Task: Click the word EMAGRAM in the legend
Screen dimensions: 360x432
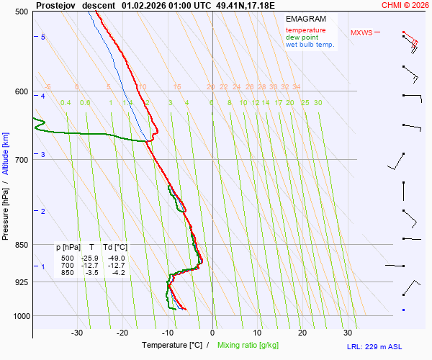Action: pos(305,18)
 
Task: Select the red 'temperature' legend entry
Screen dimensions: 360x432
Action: pos(305,30)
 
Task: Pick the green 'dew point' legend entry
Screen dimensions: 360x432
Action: pos(302,37)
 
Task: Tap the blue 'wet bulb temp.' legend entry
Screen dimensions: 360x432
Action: pos(310,45)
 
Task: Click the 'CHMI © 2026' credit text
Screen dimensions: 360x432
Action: pos(405,5)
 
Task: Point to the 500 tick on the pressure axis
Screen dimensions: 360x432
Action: pos(21,12)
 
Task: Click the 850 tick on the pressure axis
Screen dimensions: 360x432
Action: pos(21,245)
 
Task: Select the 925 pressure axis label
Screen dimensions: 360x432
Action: pos(21,282)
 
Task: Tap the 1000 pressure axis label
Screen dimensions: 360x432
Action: pos(19,316)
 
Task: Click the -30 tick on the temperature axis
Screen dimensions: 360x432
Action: pos(77,333)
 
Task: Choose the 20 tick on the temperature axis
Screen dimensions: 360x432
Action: pos(302,333)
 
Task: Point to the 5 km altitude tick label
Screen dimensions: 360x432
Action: pos(43,37)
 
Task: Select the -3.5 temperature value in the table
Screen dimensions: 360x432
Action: pos(91,272)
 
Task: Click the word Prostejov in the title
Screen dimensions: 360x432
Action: pos(56,5)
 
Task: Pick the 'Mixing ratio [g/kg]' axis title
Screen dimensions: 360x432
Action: pos(251,346)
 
